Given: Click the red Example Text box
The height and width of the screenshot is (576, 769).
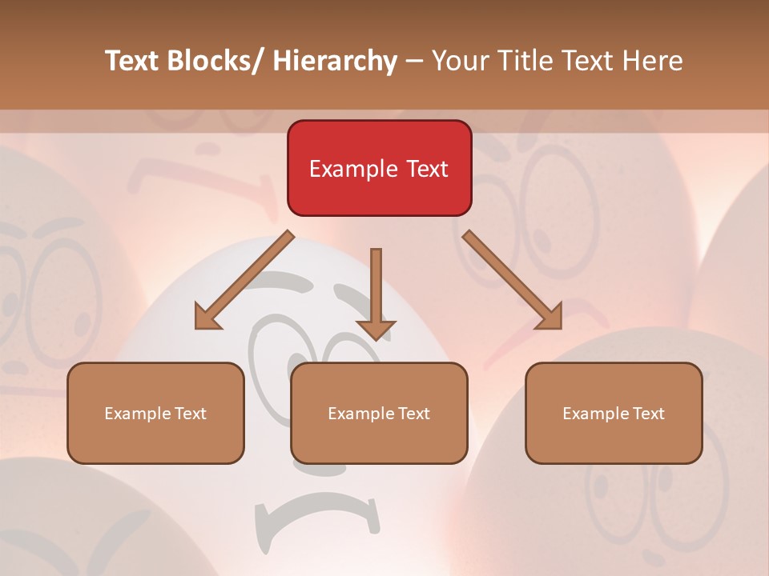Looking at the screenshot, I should click(379, 168).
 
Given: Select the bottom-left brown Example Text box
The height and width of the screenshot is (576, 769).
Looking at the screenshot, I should click(155, 413).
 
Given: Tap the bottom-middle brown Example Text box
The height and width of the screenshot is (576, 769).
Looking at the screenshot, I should click(379, 413).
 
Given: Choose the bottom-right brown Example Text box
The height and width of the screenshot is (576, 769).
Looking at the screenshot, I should click(614, 413).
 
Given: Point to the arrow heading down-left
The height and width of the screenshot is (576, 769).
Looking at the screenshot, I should click(244, 280).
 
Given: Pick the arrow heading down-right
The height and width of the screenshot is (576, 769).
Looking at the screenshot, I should click(513, 280).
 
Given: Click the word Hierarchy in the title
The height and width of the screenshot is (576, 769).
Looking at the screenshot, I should click(335, 61).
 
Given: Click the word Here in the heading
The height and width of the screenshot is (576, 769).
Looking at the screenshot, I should click(652, 61).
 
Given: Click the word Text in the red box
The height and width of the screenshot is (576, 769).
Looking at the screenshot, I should click(428, 169).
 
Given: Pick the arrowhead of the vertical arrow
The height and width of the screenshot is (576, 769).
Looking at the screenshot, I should click(376, 330).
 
